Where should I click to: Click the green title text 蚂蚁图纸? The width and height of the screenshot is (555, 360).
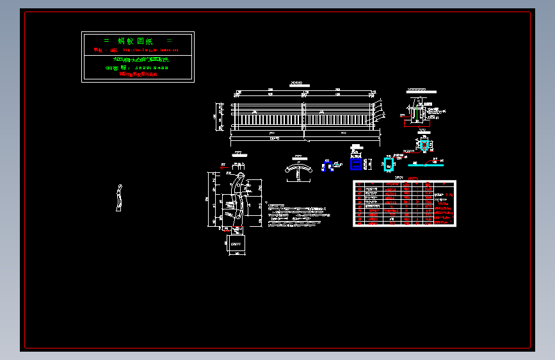138,41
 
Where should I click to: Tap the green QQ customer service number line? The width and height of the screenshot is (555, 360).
137,67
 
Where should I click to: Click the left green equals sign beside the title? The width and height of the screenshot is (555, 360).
106,41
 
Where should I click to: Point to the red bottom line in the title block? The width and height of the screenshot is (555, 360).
138,74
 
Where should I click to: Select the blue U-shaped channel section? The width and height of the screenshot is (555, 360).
327,166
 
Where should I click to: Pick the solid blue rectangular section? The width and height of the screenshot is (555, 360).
355,165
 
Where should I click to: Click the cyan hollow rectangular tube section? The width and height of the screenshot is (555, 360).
389,165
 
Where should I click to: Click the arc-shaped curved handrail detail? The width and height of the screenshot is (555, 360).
298,168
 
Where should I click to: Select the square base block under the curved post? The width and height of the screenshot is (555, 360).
237,243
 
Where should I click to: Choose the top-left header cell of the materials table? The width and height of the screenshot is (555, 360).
360,184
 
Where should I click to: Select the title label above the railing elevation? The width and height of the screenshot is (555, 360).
296,83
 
